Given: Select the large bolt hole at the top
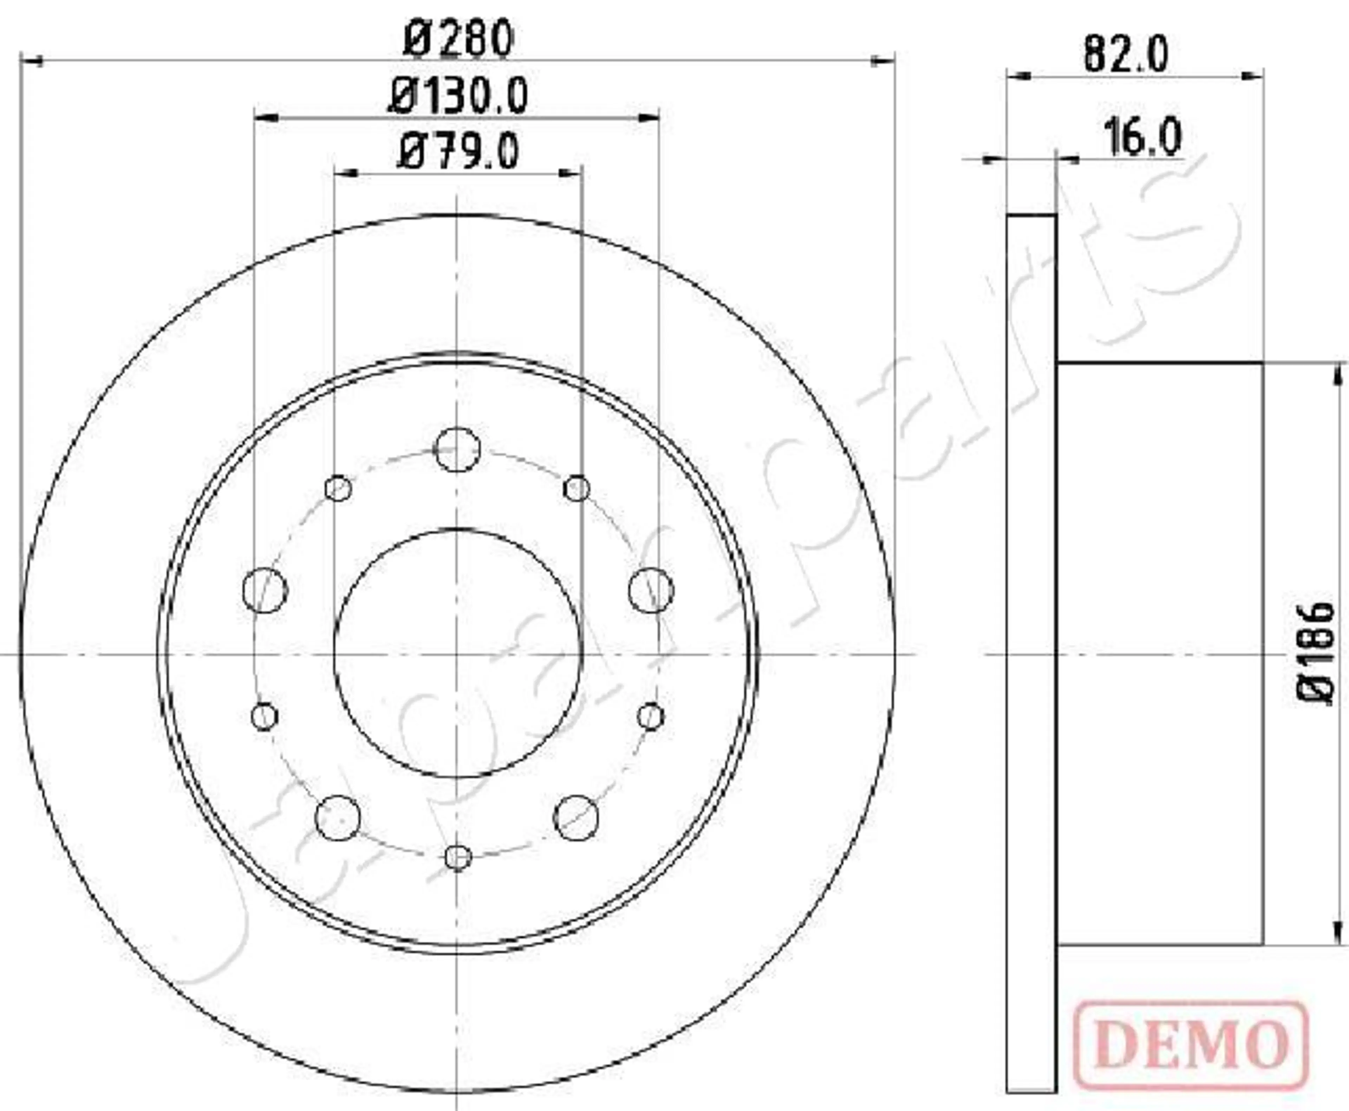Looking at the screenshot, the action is click(457, 449).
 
